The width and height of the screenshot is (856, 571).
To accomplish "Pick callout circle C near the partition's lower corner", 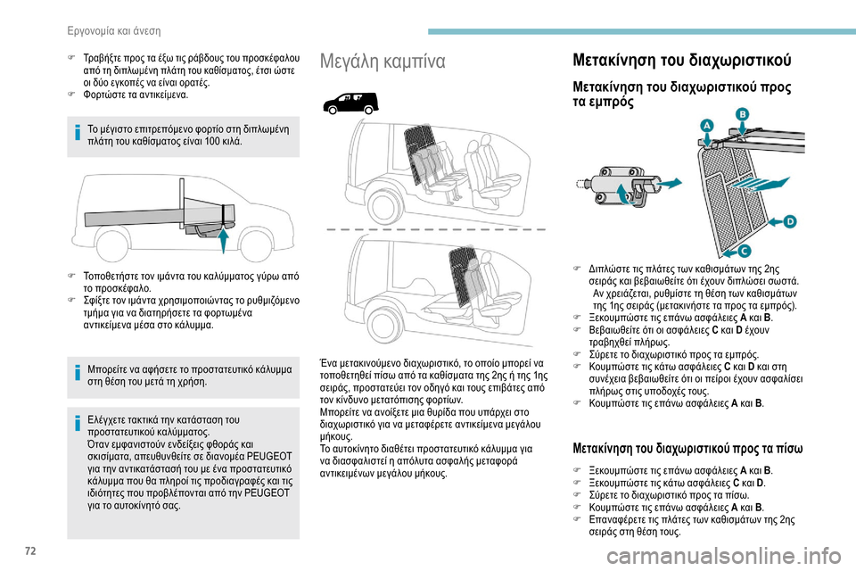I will pyautogui.click(x=743, y=252).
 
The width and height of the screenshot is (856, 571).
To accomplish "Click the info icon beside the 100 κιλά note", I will pyautogui.click(x=77, y=136).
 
